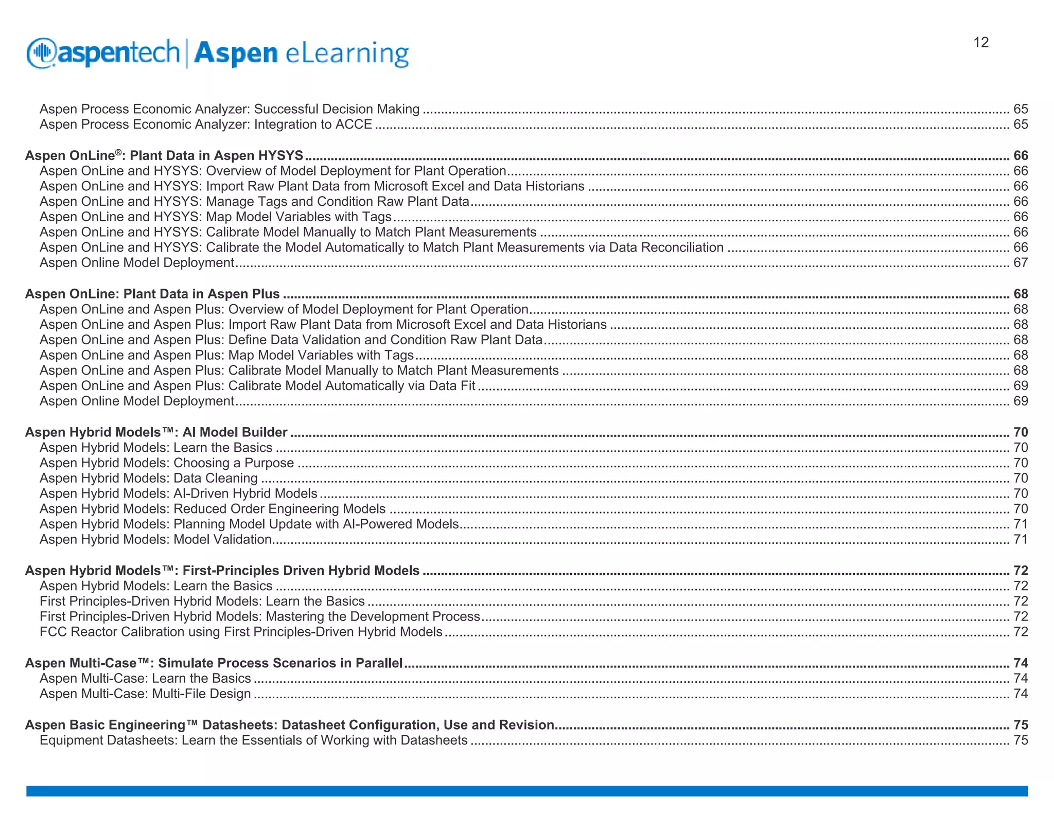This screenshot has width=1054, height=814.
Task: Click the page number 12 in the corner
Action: tap(981, 42)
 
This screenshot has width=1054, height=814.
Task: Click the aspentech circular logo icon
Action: tap(41, 53)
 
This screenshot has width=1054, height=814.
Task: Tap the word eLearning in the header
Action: tap(347, 54)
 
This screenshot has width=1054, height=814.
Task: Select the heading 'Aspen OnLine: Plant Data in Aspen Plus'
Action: tap(152, 294)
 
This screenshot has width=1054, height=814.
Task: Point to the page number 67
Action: tap(1021, 263)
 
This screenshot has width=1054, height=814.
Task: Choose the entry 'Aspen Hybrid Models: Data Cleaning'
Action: tap(149, 478)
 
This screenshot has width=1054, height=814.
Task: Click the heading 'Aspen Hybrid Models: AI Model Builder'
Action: tap(156, 432)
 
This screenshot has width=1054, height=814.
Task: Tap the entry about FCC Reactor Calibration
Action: tap(241, 632)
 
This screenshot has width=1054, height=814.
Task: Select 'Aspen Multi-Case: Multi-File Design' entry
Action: tap(145, 694)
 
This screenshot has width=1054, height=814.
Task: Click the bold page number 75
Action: tap(1021, 725)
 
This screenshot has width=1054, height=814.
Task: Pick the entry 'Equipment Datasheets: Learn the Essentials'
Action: tap(254, 740)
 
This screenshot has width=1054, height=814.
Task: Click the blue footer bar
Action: tap(527, 791)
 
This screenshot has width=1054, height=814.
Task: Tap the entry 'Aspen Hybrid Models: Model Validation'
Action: tap(156, 539)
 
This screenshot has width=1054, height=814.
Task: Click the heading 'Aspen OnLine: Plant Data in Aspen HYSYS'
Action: tap(164, 155)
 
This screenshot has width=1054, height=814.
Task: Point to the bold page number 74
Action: tap(1021, 663)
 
